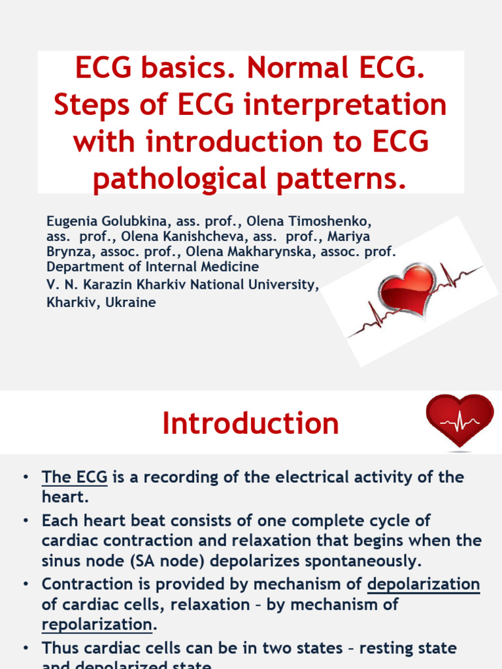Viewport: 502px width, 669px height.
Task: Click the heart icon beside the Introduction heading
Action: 460,421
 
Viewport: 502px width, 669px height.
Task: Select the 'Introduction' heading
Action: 251,423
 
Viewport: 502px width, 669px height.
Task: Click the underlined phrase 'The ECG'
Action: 75,477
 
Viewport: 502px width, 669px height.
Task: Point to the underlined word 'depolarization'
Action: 424,583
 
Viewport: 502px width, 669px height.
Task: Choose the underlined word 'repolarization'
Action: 97,624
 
